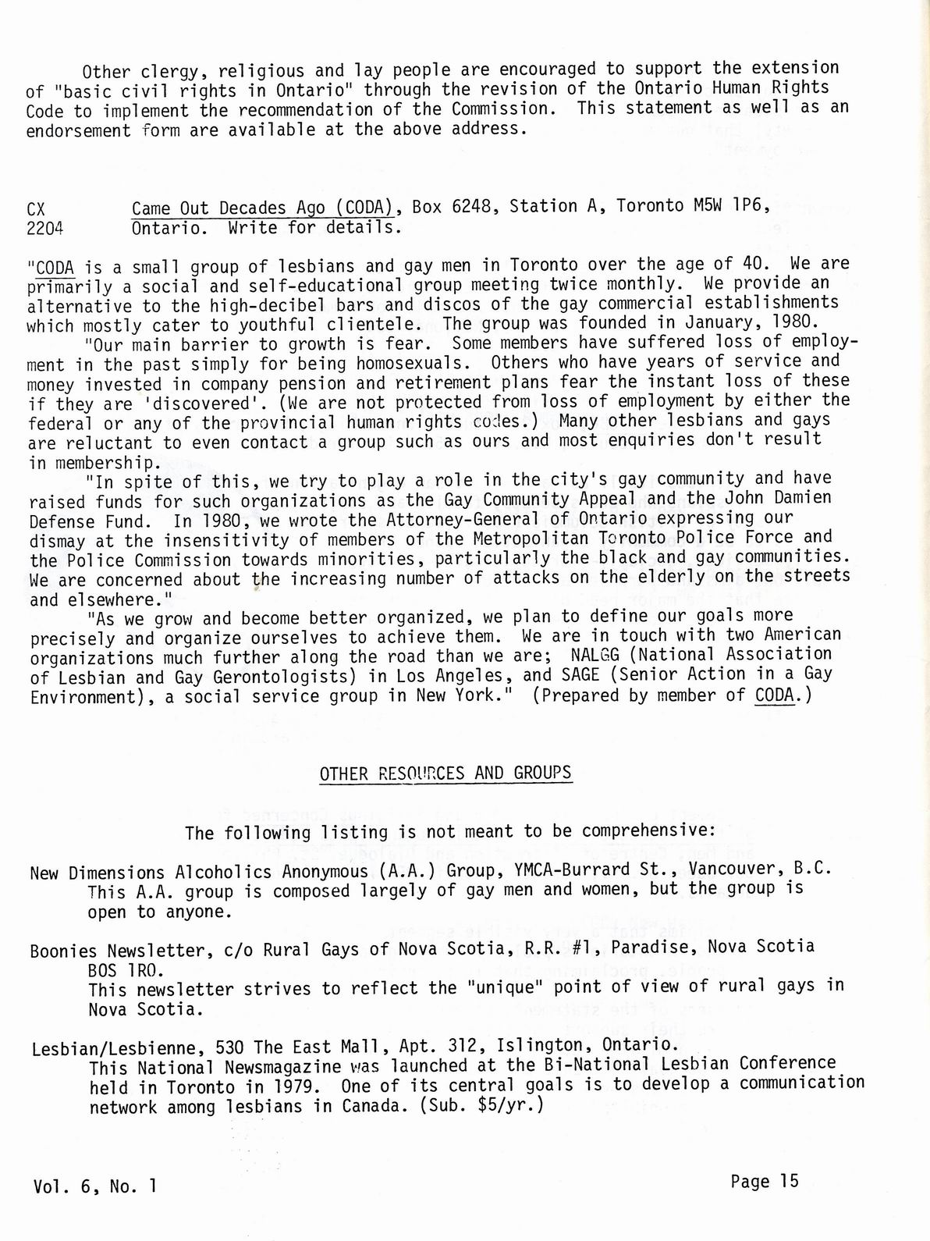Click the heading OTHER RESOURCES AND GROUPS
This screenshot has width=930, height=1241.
(445, 773)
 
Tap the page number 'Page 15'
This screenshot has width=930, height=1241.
(765, 1181)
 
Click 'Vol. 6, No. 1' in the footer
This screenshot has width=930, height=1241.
(95, 1186)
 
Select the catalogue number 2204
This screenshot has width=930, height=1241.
(45, 229)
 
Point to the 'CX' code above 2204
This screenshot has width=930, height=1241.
(36, 209)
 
